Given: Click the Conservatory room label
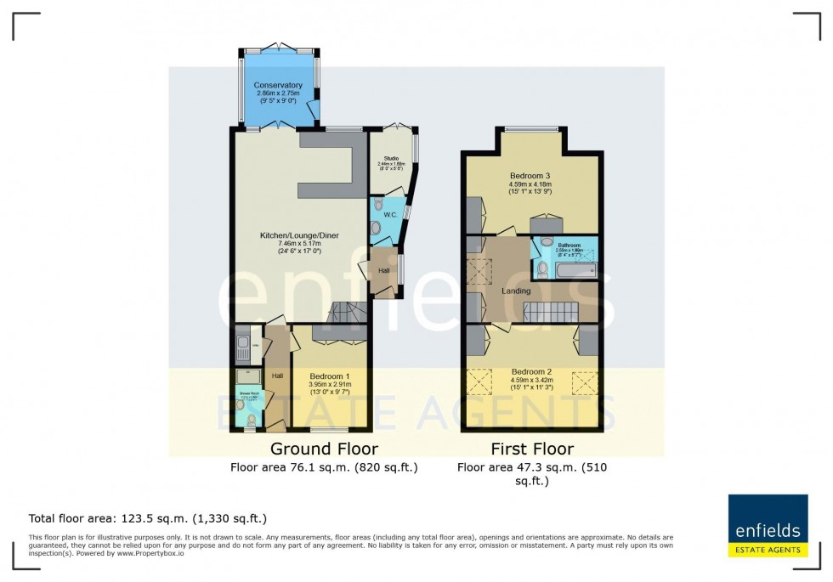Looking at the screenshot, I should pos(277,85).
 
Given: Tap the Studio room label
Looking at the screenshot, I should pos(390,158).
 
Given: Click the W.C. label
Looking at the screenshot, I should pos(390,215).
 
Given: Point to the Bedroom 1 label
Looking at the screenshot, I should pos(330,376).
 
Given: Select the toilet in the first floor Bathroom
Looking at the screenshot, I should pos(541,269).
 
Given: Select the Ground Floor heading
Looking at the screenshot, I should pos(324,449).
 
